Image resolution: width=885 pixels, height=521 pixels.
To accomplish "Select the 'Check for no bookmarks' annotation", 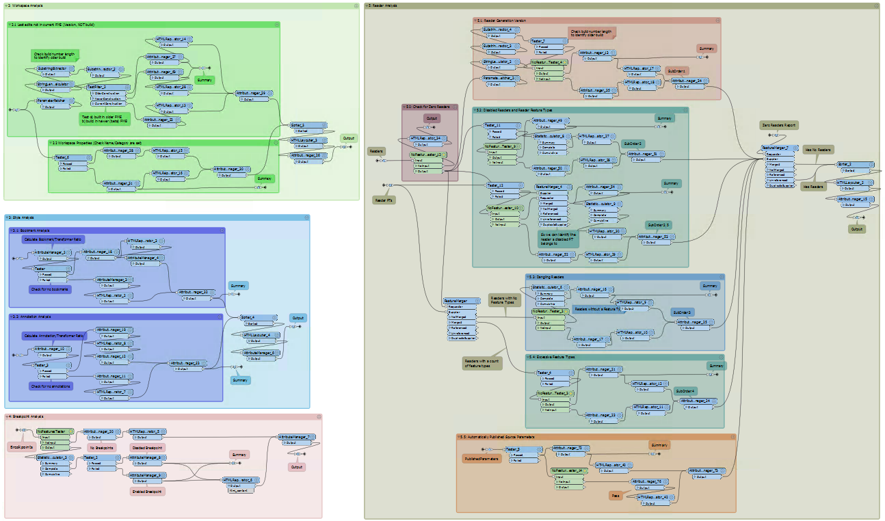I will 50,289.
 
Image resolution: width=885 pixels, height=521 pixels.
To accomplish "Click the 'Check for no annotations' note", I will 51,386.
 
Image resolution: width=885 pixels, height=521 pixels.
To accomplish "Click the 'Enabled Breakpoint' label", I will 147,491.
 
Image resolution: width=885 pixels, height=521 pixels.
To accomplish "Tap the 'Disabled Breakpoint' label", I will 147,447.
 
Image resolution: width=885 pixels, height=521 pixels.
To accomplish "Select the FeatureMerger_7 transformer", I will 779,148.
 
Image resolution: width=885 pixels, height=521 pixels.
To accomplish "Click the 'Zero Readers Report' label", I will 778,126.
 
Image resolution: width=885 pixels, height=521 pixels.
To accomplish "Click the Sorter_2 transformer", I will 855,165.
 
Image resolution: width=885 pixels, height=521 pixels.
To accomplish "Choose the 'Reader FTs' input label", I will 382,200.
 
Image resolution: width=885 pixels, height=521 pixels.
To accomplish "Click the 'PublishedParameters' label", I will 482,459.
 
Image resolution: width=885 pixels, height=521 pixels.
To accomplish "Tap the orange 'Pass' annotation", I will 616,495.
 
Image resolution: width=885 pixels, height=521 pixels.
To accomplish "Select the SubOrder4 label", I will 685,391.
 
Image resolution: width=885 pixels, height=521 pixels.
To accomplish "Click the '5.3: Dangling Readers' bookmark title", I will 548,278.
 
